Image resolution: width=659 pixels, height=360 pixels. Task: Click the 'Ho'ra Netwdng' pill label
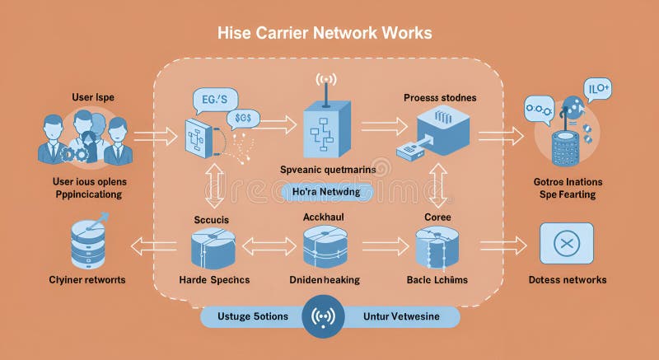pyautogui.click(x=329, y=191)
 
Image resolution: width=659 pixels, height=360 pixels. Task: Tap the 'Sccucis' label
pyautogui.click(x=212, y=220)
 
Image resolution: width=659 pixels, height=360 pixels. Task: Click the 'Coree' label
pyautogui.click(x=437, y=218)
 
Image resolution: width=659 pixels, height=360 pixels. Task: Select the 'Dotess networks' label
pyautogui.click(x=567, y=280)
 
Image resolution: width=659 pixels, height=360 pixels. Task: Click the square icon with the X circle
pyautogui.click(x=566, y=243)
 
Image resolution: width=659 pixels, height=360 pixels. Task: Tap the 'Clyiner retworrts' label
pyautogui.click(x=86, y=280)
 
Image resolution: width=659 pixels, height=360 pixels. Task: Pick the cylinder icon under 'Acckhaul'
pyautogui.click(x=325, y=246)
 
